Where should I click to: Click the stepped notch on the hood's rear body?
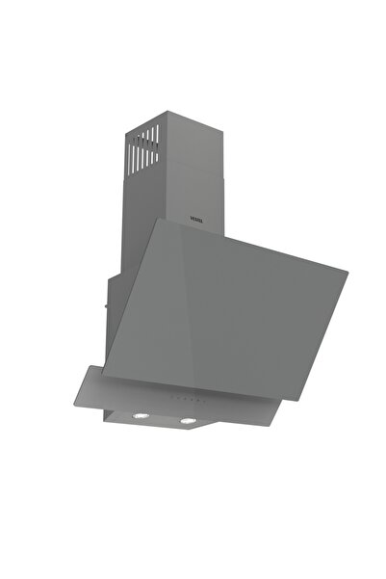(108, 276)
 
